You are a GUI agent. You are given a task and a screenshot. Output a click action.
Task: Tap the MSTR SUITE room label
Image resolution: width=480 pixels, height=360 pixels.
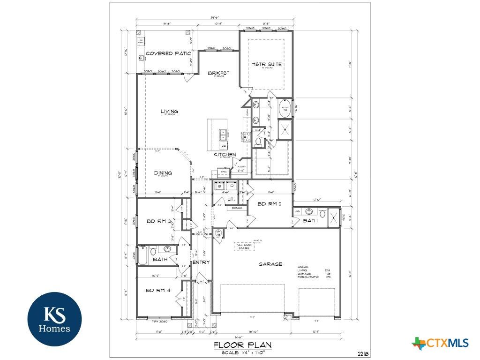point(266,64)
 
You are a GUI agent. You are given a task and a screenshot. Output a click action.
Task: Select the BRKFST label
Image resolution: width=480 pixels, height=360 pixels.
point(219,73)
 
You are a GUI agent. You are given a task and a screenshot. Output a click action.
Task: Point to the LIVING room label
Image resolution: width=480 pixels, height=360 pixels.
point(169,112)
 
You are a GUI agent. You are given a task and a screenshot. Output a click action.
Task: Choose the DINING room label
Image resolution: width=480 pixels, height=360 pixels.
point(163,173)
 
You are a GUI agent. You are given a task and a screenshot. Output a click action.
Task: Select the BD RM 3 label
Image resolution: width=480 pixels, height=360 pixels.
point(157,221)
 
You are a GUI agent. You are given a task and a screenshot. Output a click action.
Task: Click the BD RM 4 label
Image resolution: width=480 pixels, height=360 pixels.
point(158,290)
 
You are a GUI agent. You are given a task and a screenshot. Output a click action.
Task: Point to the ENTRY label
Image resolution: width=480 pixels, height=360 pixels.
point(201,262)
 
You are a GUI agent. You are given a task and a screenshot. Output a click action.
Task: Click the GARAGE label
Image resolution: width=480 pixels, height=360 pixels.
point(270,264)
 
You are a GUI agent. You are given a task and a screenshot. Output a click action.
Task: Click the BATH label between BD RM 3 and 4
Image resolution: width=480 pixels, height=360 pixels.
point(160,259)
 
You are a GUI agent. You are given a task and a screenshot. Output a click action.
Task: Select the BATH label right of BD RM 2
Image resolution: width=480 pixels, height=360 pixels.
point(310,220)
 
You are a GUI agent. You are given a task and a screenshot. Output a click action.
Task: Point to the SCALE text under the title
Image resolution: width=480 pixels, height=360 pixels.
point(242,352)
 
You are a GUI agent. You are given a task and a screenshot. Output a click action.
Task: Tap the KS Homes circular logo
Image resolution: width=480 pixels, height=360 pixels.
point(54,319)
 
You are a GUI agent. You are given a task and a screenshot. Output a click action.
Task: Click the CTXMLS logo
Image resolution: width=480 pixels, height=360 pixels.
point(441,343)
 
